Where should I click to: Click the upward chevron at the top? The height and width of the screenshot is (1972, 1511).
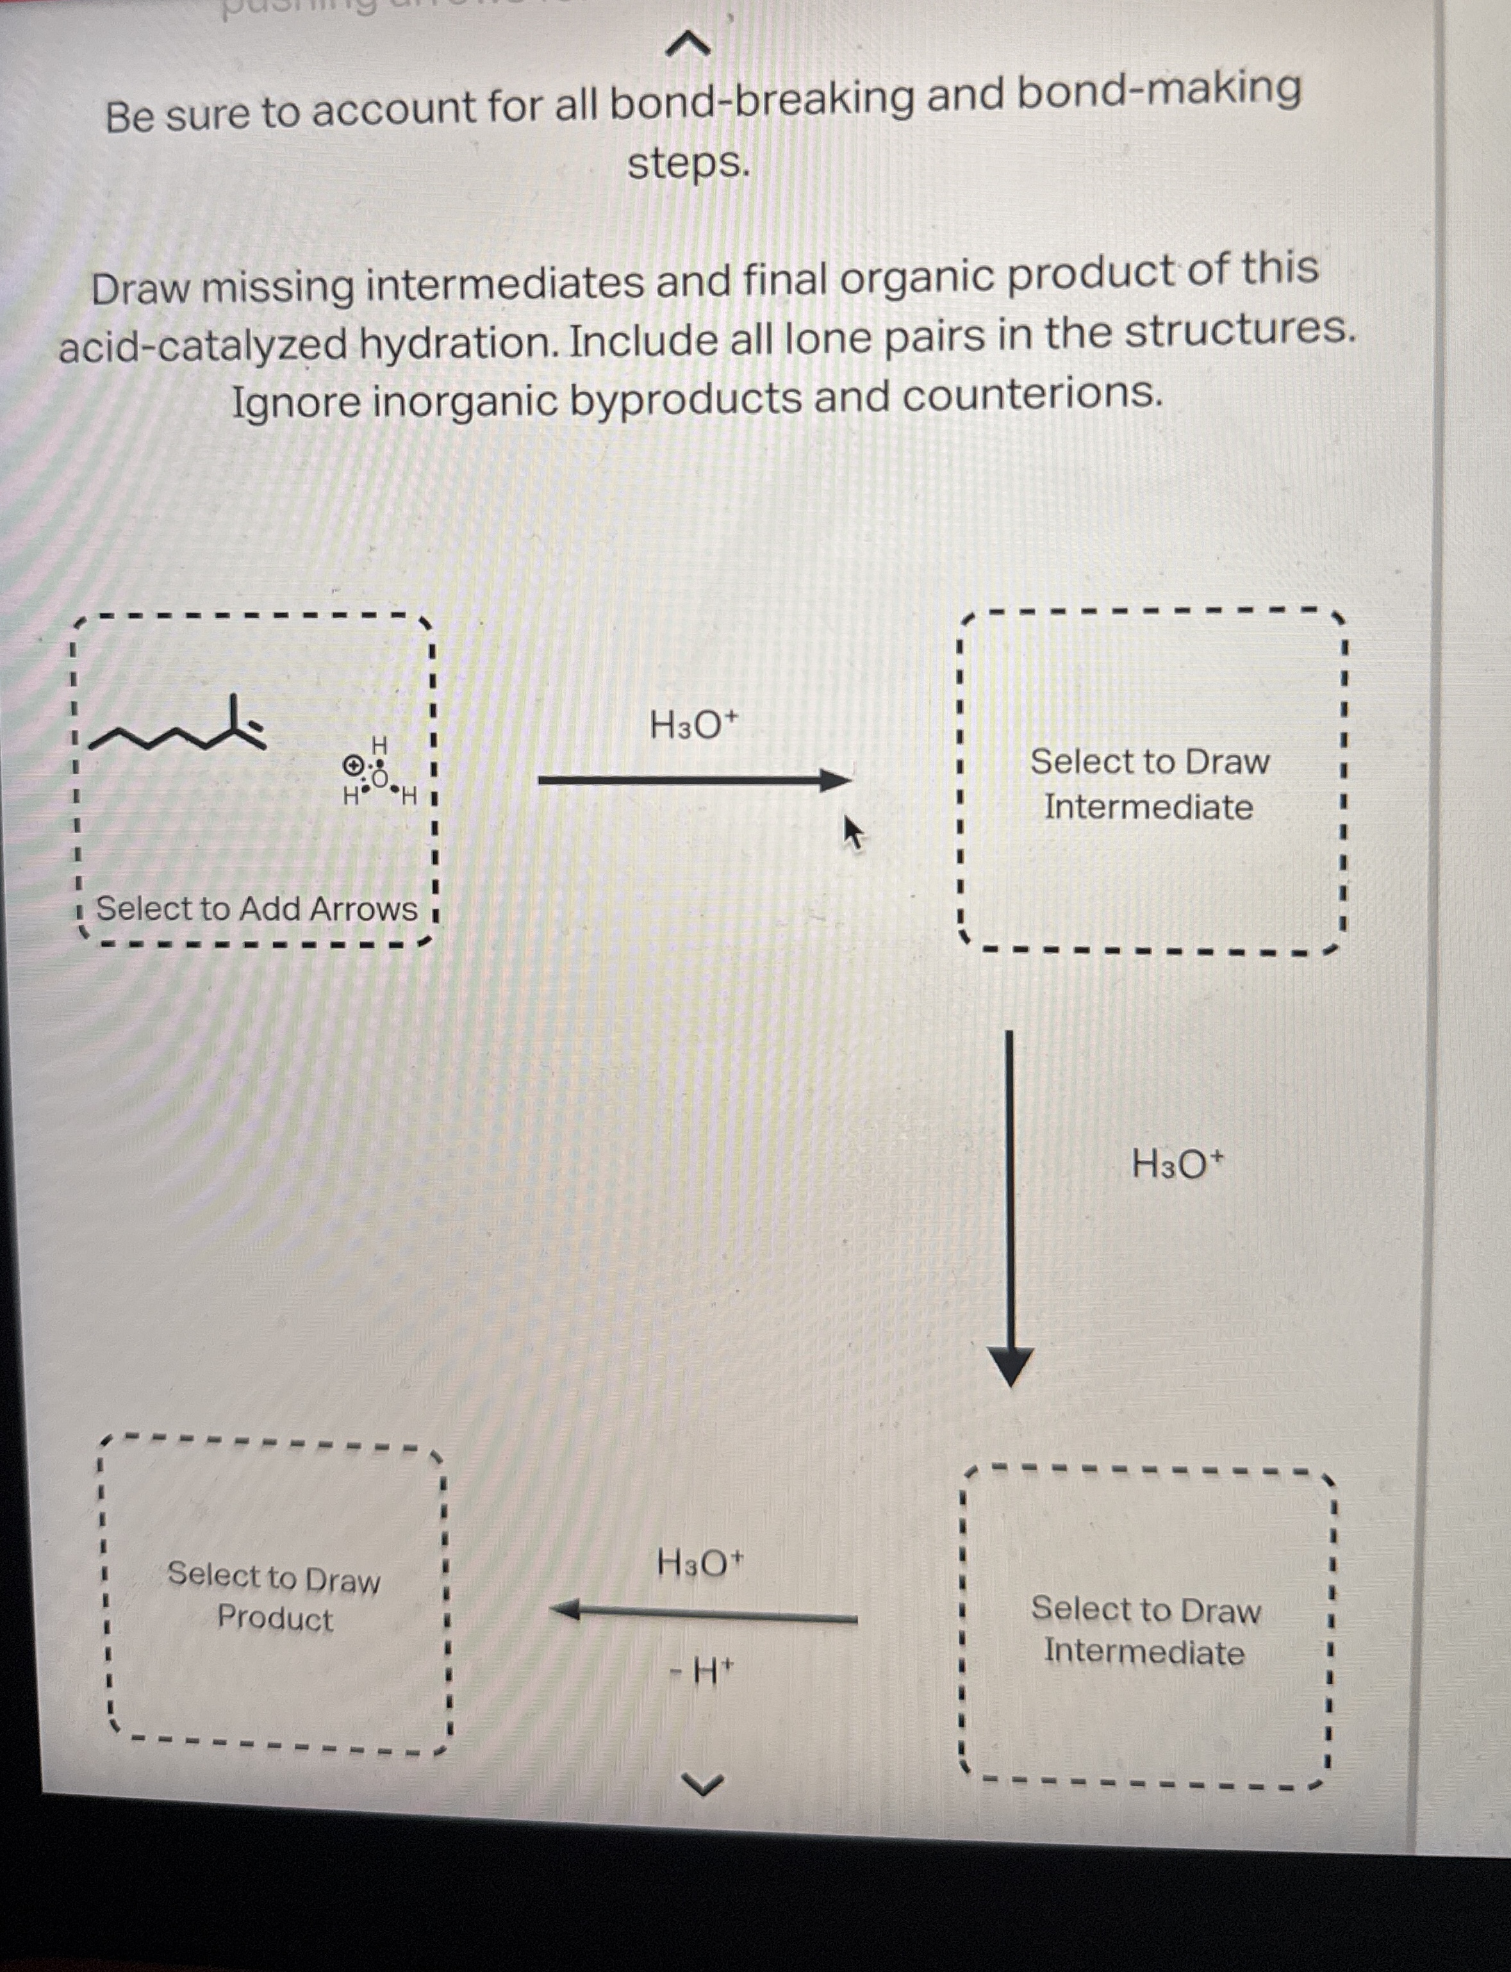tap(689, 42)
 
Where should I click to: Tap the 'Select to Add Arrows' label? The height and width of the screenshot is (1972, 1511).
tap(256, 909)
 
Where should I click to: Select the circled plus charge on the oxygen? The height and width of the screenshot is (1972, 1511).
tap(354, 765)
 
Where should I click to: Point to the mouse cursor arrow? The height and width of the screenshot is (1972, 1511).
tap(852, 831)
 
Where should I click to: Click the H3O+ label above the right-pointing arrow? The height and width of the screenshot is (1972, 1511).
tap(693, 724)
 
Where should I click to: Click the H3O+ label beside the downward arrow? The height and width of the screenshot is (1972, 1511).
tap(1177, 1165)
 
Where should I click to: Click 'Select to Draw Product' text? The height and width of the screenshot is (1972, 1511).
tap(274, 1597)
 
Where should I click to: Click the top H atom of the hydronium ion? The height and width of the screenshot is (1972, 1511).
tap(379, 745)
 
